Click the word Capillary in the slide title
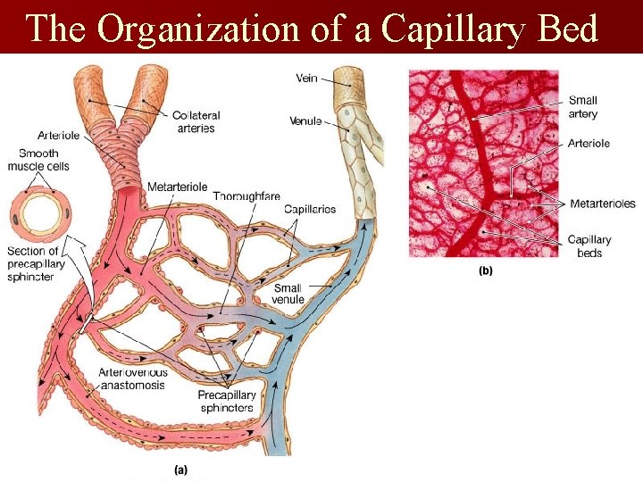[452, 29]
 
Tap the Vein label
[306, 79]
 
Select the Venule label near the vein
[305, 120]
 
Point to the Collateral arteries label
[196, 121]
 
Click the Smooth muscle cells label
[38, 160]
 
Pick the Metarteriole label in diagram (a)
[177, 187]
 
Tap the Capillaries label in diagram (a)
[309, 209]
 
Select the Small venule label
[288, 294]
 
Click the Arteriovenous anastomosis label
[131, 378]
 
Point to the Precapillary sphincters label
[227, 401]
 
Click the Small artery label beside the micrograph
[582, 107]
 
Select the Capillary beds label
[589, 245]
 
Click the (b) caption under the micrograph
[486, 271]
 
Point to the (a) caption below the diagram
[180, 467]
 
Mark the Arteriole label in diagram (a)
[59, 136]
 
